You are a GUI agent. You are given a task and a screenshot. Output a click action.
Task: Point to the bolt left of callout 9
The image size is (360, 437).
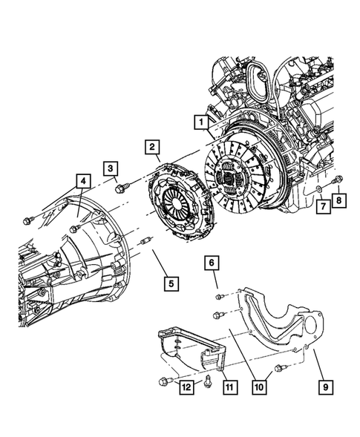tap(281, 369)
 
